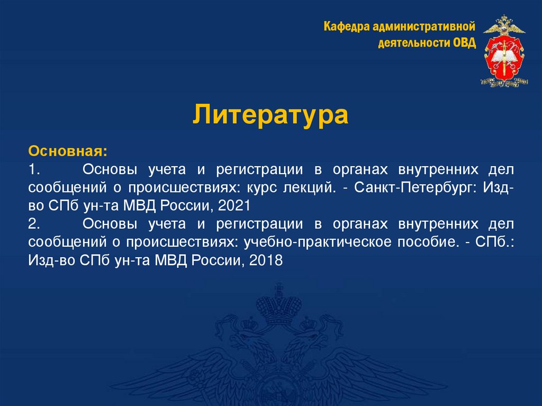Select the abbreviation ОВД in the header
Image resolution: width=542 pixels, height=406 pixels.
(x=465, y=42)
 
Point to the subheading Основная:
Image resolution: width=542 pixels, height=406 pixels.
(x=68, y=151)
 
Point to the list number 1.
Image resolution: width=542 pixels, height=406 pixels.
(x=35, y=169)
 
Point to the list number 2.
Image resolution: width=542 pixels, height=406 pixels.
(x=35, y=224)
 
